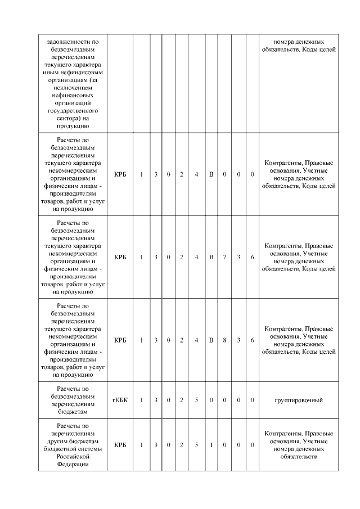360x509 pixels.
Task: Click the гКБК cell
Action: pos(120,400)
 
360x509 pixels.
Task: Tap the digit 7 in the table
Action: pos(224,257)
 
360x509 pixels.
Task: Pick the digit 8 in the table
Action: pos(224,340)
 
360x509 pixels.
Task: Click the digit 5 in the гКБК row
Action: pos(196,400)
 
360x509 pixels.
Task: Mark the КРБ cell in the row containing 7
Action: pos(120,257)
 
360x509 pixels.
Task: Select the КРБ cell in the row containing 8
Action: pos(120,340)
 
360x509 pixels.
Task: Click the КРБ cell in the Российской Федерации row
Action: pos(120,445)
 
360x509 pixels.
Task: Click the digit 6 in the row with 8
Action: pos(253,340)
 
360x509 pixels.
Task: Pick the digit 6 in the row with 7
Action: pos(253,257)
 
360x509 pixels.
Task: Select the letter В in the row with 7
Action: pos(211,257)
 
